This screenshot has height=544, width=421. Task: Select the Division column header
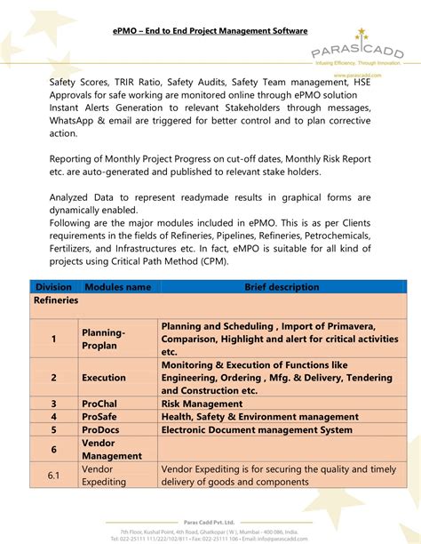(x=53, y=287)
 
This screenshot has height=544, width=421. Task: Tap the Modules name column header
(x=117, y=287)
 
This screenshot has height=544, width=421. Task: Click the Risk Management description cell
(x=202, y=404)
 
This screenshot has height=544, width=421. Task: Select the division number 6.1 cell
(x=53, y=476)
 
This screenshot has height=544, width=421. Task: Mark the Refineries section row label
(x=56, y=300)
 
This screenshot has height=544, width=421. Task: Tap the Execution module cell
(x=104, y=378)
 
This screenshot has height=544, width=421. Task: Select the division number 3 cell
(x=53, y=404)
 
